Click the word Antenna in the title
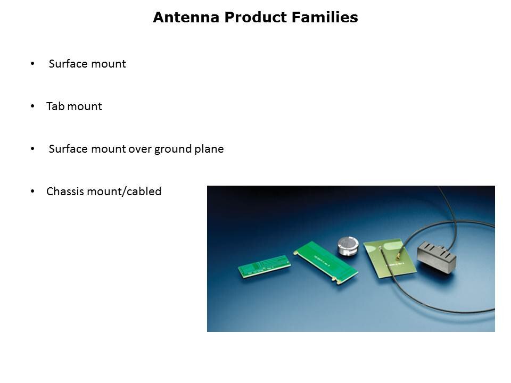click(x=186, y=17)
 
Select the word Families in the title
click(x=325, y=17)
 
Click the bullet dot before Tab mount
click(x=32, y=106)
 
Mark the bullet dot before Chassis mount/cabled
click(x=32, y=191)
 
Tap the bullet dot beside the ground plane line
click(x=32, y=148)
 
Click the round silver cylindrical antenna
click(x=348, y=246)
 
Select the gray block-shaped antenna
click(x=436, y=256)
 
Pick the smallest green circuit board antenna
click(x=265, y=266)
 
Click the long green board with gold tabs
click(x=326, y=262)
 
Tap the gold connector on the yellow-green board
click(x=398, y=257)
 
